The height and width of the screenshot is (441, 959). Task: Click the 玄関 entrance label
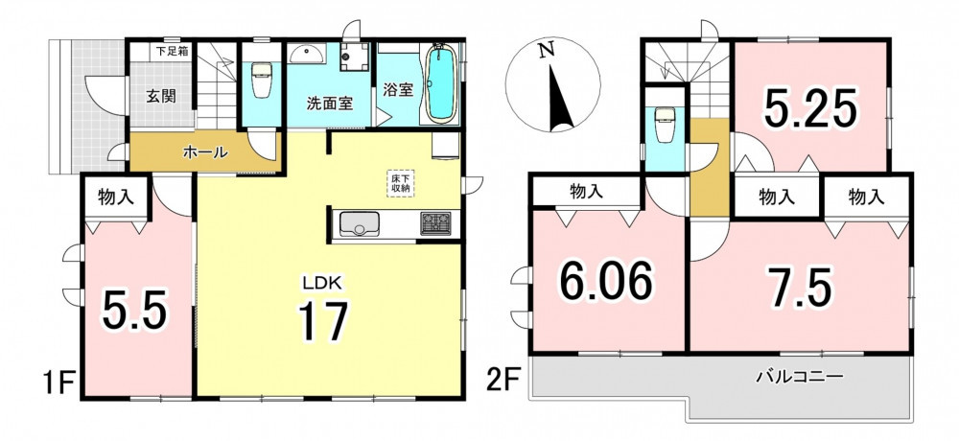pos(161,97)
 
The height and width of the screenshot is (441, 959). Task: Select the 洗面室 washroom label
pos(330,103)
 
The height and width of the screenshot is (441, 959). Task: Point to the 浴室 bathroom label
pos(398,90)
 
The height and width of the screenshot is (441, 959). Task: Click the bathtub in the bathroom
pos(440,83)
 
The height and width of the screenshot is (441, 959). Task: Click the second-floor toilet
pos(665,125)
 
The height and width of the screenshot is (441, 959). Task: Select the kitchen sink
pos(358,224)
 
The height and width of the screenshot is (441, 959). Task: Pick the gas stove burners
pos(435,223)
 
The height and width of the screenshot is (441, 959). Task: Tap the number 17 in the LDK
pos(322,321)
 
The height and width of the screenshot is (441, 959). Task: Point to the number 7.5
pos(800,287)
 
